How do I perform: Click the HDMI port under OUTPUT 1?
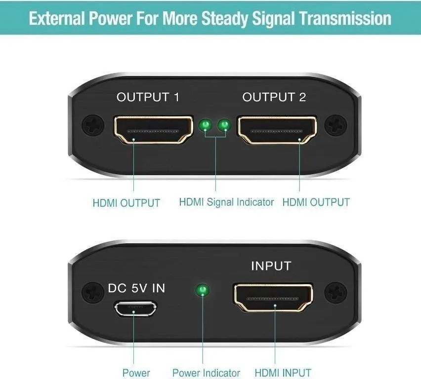(x=154, y=130)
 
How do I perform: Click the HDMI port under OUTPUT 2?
(x=277, y=130)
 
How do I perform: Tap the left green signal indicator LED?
(x=206, y=125)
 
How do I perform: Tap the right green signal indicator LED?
(x=224, y=125)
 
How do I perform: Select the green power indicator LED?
(x=203, y=290)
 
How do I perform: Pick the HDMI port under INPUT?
(x=273, y=298)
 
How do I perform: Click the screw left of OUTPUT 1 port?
(x=93, y=125)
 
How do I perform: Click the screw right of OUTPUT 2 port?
(x=336, y=125)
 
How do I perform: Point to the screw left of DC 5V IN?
(x=92, y=292)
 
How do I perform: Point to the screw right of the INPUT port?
(x=336, y=292)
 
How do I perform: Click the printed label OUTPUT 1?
(x=148, y=97)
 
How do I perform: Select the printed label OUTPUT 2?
(x=274, y=97)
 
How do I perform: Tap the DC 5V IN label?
(x=136, y=288)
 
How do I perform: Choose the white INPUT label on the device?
(x=271, y=266)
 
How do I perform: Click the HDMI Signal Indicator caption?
(x=226, y=202)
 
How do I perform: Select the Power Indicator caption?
(x=206, y=373)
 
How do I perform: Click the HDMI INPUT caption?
(x=283, y=373)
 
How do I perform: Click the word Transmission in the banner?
(x=345, y=19)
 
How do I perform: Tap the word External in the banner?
(x=57, y=19)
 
